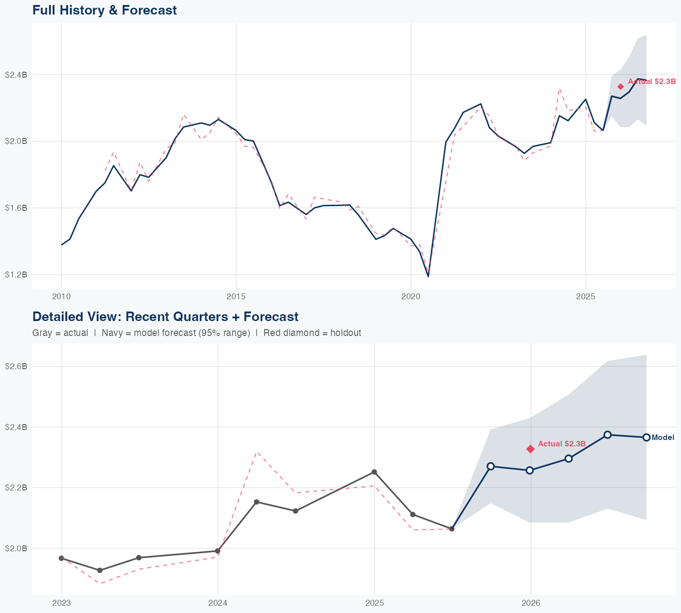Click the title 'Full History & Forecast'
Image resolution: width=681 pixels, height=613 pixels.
point(104,10)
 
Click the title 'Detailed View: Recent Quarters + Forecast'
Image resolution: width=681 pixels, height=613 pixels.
point(165,316)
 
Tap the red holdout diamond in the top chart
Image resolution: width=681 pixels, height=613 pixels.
point(621,87)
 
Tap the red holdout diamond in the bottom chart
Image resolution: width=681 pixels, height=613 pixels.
point(530,449)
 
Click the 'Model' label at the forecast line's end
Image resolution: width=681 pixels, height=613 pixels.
point(662,438)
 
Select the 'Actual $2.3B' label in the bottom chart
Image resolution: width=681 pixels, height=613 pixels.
point(562,444)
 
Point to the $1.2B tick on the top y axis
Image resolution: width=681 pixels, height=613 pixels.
point(16,275)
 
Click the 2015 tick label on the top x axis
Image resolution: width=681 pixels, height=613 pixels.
point(236,297)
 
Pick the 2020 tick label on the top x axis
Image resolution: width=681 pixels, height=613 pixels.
point(410,297)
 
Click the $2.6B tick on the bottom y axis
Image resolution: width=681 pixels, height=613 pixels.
point(16,366)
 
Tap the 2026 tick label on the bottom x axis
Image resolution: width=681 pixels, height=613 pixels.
point(531,603)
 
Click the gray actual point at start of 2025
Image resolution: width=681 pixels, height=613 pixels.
point(374,472)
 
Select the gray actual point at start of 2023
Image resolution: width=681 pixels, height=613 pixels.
point(61,558)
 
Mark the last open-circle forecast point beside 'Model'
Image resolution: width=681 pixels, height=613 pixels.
point(646,437)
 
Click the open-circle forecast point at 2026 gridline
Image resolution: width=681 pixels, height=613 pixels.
point(529,470)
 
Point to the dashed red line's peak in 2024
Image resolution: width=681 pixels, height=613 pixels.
point(257,452)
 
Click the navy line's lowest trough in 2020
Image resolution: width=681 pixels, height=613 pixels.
point(428,276)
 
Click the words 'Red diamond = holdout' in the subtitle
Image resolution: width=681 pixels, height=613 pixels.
point(312,333)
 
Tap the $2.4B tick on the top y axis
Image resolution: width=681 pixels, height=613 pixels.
point(16,74)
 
